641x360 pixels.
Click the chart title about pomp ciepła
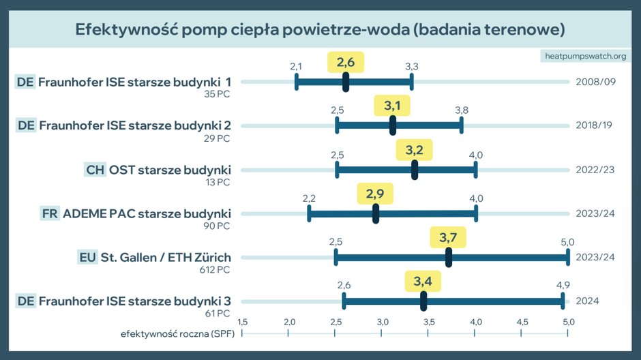point(320,31)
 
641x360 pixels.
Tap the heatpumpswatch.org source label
point(584,55)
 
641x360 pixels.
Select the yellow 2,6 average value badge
point(345,63)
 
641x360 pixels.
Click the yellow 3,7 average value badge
point(448,238)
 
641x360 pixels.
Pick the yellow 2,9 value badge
point(375,194)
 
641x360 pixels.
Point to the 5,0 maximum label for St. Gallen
point(567,242)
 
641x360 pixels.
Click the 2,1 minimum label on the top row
point(296,66)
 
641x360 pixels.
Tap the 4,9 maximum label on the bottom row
point(562,285)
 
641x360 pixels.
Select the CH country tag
point(95,170)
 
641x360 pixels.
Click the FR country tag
point(50,213)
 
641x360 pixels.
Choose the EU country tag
point(87,257)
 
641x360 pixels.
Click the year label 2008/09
point(595,82)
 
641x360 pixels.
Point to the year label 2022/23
point(595,170)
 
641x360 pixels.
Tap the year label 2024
point(586,301)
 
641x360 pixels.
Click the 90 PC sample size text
point(217,226)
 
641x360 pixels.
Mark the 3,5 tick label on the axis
point(428,321)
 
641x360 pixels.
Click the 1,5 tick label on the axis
point(242,321)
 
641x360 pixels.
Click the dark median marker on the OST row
point(415,170)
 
